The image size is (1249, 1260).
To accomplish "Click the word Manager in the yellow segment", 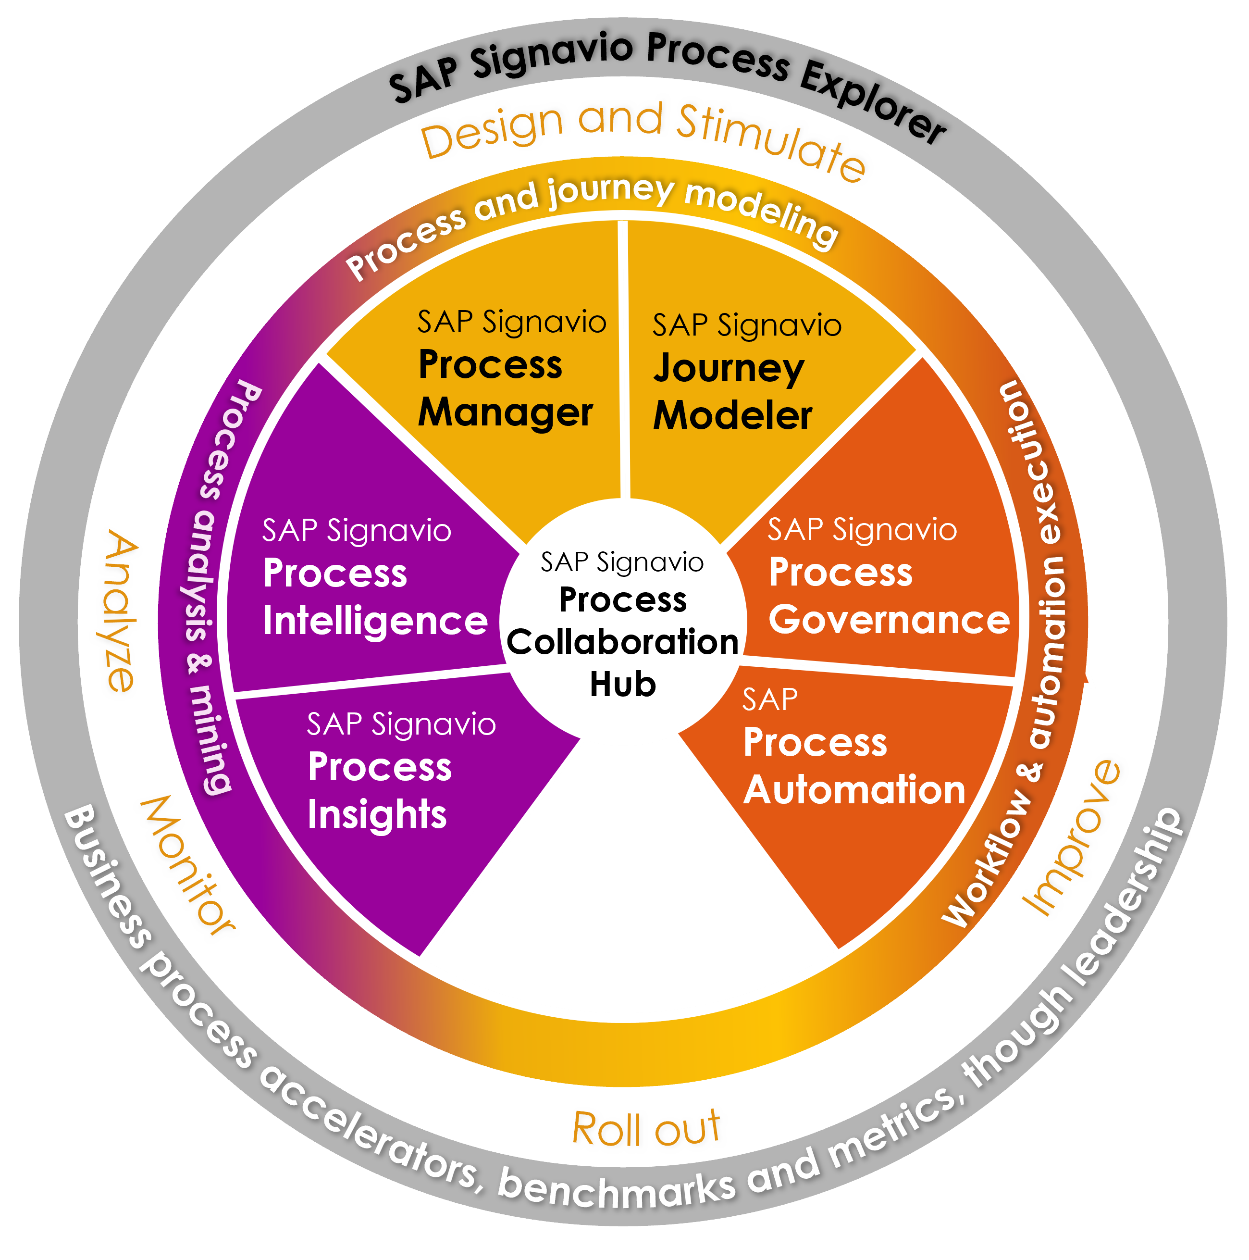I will [x=505, y=413].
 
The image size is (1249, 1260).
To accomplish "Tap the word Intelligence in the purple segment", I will [x=375, y=621].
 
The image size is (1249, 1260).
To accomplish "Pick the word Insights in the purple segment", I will [x=377, y=814].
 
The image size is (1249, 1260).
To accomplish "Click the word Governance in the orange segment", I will [x=889, y=620].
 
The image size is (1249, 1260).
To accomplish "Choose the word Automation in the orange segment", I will [x=854, y=790].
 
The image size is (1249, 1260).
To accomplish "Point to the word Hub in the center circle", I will [x=622, y=685].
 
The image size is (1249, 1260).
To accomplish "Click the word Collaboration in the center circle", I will [x=622, y=642].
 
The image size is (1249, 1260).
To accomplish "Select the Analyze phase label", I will [x=121, y=611].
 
